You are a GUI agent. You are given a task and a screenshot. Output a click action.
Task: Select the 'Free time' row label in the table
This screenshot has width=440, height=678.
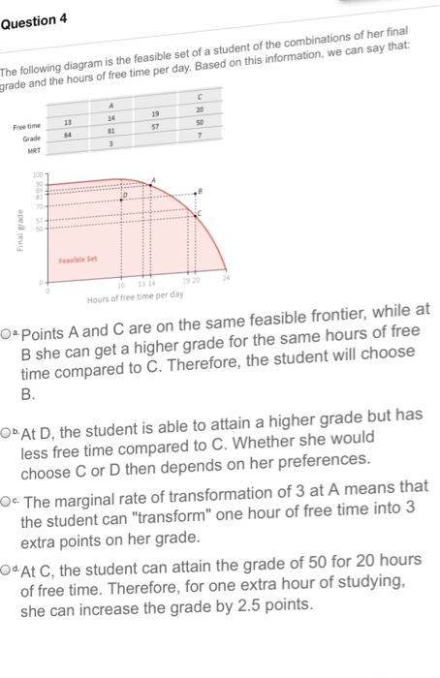(27, 128)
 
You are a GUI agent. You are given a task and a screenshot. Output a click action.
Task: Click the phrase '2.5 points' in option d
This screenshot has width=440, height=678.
(267, 606)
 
